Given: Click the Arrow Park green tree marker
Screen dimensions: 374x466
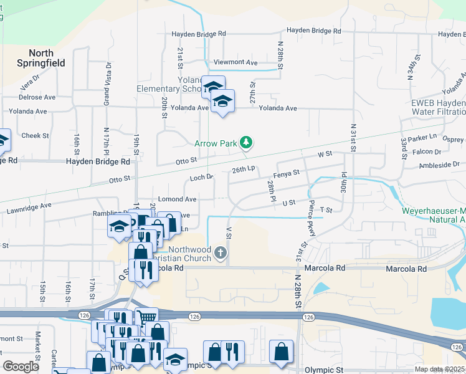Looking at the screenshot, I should pyautogui.click(x=247, y=143).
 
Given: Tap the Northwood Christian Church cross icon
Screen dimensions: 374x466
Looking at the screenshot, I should pyautogui.click(x=220, y=253).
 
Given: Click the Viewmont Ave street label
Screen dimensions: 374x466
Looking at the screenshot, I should pyautogui.click(x=235, y=63).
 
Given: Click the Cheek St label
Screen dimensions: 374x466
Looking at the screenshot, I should pyautogui.click(x=35, y=135).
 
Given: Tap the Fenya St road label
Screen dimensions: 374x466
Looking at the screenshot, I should pyautogui.click(x=287, y=173).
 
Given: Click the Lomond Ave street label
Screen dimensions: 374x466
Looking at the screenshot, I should pyautogui.click(x=178, y=199).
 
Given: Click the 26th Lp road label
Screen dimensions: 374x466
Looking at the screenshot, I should pyautogui.click(x=244, y=169).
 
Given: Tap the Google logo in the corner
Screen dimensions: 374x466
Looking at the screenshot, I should pyautogui.click(x=21, y=367).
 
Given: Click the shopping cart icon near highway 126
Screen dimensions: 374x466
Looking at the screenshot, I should pyautogui.click(x=146, y=317).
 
